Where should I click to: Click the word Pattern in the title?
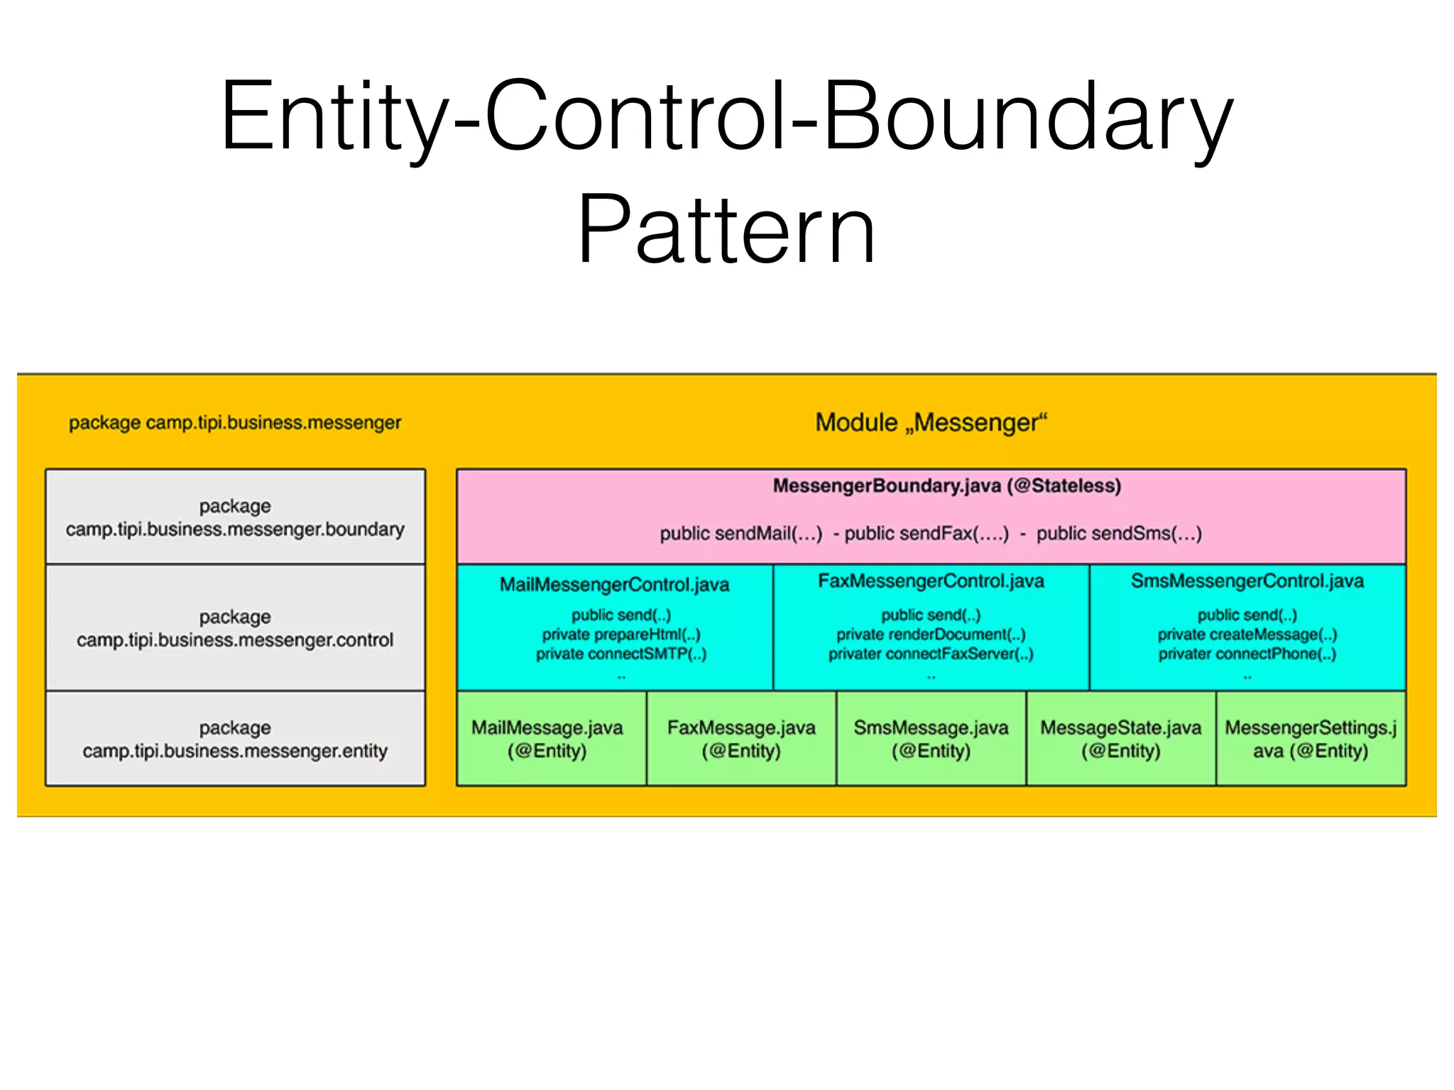tap(726, 231)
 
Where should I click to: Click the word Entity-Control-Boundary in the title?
tap(726, 117)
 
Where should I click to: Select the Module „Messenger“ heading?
tap(931, 423)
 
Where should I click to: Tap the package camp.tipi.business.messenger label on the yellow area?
tap(235, 423)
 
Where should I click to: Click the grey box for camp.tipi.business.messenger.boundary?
tap(235, 517)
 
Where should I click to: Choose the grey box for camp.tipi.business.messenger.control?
tap(235, 628)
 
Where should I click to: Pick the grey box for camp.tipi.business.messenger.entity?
tap(235, 739)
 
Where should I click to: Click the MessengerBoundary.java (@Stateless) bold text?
tap(946, 486)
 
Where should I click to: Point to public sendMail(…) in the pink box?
tap(740, 534)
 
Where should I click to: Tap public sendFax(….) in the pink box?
tap(926, 534)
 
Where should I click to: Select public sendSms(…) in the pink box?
tap(1119, 534)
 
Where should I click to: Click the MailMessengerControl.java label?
tap(615, 585)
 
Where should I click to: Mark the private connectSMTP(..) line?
tap(621, 654)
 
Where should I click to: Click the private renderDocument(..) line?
tap(931, 634)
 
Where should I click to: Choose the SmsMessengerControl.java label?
tap(1247, 581)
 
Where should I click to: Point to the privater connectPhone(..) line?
tap(1247, 654)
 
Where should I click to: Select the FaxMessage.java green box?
tap(741, 739)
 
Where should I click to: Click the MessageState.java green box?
tap(1121, 739)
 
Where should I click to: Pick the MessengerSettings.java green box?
tap(1311, 739)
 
